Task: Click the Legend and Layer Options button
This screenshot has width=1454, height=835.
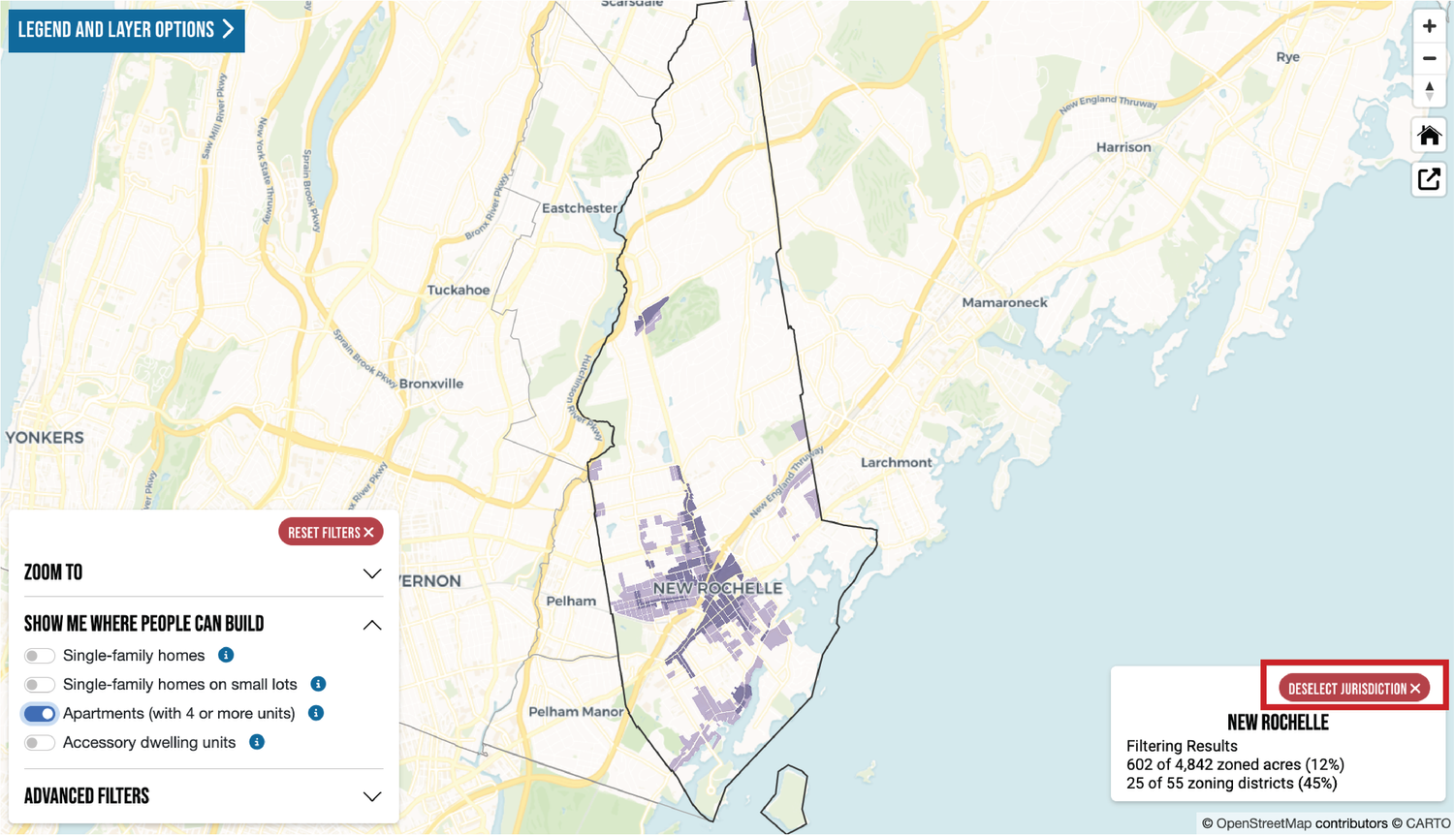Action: (x=126, y=30)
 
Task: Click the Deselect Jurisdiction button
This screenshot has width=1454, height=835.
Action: (x=1354, y=689)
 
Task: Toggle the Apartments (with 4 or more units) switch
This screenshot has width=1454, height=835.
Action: (x=40, y=714)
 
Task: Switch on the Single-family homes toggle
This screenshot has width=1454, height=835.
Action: (x=40, y=656)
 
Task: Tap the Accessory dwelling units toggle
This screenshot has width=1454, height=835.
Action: (x=40, y=743)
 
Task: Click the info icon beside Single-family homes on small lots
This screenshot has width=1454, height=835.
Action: (x=318, y=684)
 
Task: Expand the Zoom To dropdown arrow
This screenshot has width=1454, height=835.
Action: (x=371, y=573)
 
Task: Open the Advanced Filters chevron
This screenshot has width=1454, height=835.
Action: (x=371, y=796)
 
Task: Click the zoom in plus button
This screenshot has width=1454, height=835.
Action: (x=1429, y=26)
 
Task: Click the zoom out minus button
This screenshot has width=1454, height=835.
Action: (x=1429, y=59)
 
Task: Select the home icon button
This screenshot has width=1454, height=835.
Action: (x=1429, y=136)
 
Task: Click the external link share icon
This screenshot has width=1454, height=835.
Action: (x=1429, y=179)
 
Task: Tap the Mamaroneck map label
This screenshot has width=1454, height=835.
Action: (x=1004, y=302)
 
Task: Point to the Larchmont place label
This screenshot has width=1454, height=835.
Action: (x=896, y=462)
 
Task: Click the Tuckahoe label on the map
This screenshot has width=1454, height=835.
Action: (x=458, y=290)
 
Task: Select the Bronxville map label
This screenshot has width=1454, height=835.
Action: (x=431, y=384)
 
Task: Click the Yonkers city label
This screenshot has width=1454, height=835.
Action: (x=45, y=438)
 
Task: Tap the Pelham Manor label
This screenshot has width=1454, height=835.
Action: (x=576, y=711)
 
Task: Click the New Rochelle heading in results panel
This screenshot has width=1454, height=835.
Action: (x=1278, y=723)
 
